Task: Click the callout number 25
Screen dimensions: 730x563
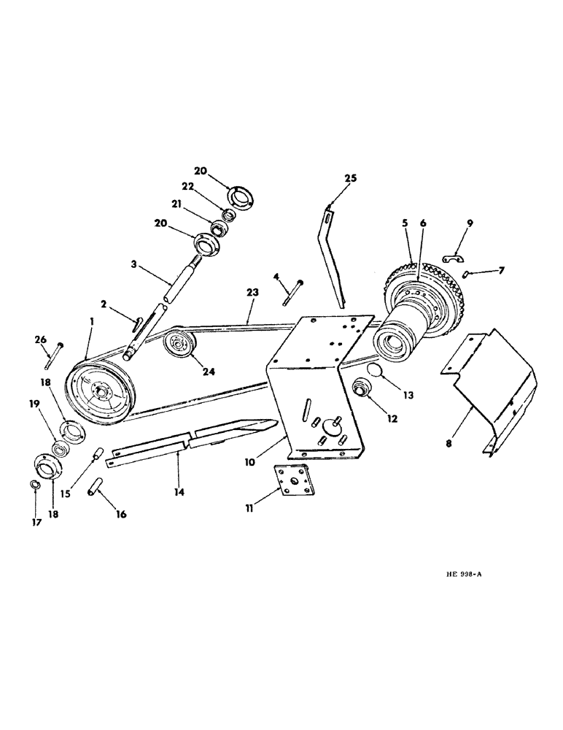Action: tap(351, 179)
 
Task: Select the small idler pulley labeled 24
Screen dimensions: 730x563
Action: tap(176, 344)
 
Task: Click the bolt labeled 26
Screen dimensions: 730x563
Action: tap(53, 355)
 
